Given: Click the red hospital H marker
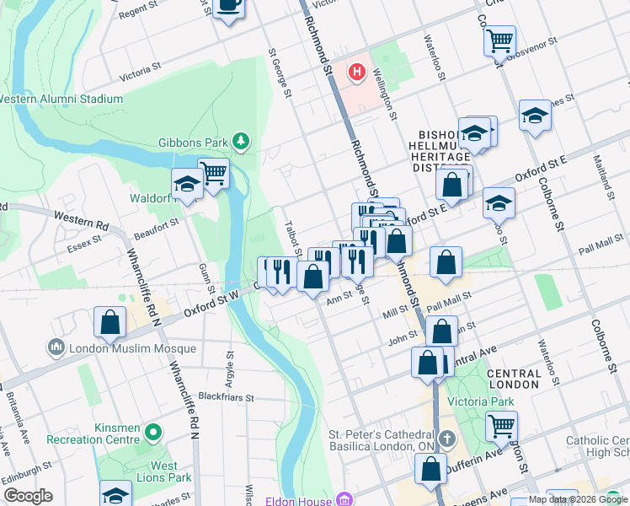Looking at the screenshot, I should click(x=357, y=73).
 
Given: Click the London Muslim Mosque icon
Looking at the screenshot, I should click(x=56, y=347).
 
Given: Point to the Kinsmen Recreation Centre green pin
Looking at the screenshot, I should click(x=152, y=433).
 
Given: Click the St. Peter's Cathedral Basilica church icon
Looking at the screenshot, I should click(x=447, y=439).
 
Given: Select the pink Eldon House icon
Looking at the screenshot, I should click(x=343, y=499).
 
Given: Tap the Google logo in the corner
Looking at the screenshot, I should click(x=28, y=496).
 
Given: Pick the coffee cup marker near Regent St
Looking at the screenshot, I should click(x=228, y=7).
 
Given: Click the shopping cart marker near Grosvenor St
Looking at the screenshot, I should click(x=500, y=40).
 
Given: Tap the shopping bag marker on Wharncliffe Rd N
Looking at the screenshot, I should click(x=110, y=322).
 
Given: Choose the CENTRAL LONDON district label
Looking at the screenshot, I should click(x=513, y=379).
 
